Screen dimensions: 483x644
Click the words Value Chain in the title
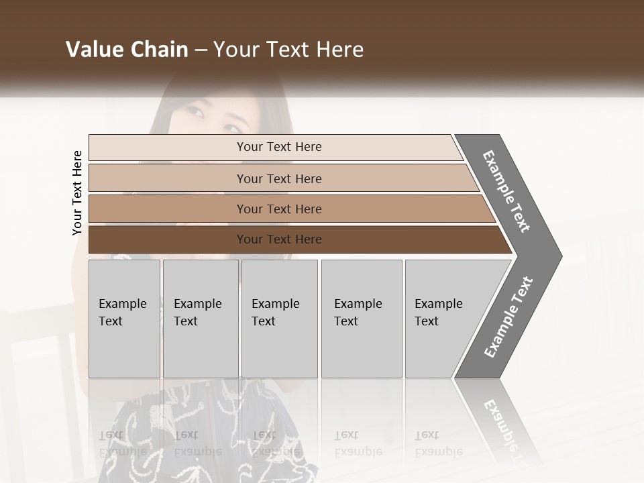click(127, 50)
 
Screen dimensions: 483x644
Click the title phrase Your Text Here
click(288, 50)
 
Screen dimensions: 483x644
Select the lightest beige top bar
click(168, 148)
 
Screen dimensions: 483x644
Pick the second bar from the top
click(168, 178)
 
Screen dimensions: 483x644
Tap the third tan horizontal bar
click(168, 209)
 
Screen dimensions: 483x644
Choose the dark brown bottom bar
click(168, 239)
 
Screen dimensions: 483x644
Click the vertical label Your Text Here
click(77, 193)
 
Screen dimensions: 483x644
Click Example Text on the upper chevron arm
click(507, 191)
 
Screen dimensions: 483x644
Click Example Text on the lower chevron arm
click(508, 317)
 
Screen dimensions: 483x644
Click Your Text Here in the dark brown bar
click(279, 239)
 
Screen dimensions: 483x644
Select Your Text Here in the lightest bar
click(279, 147)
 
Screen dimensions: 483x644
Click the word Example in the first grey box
click(122, 304)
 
